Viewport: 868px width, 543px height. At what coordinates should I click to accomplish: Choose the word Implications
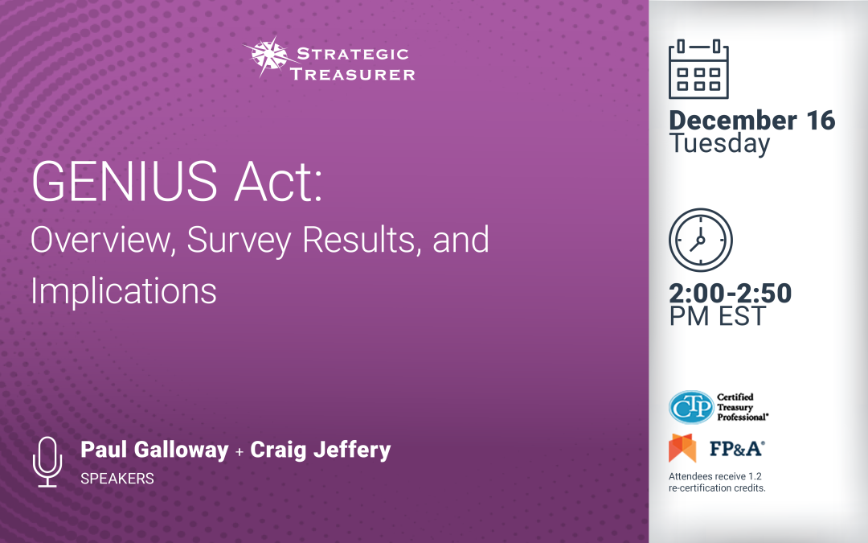coord(124,290)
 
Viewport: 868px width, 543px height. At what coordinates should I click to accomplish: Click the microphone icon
coord(47,461)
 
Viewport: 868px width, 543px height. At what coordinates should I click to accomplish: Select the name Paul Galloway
coord(154,450)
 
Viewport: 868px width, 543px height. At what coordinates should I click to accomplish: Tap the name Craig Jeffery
coord(321,450)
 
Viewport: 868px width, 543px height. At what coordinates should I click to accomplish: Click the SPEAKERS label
coord(117,479)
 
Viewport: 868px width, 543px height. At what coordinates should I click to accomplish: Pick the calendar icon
coord(698,68)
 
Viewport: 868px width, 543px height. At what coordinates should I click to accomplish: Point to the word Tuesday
coord(719,144)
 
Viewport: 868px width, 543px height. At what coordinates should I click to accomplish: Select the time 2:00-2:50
coord(730,293)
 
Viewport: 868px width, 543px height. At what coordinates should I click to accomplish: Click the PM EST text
coord(718,316)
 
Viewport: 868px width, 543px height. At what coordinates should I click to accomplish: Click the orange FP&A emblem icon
coord(682,448)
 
